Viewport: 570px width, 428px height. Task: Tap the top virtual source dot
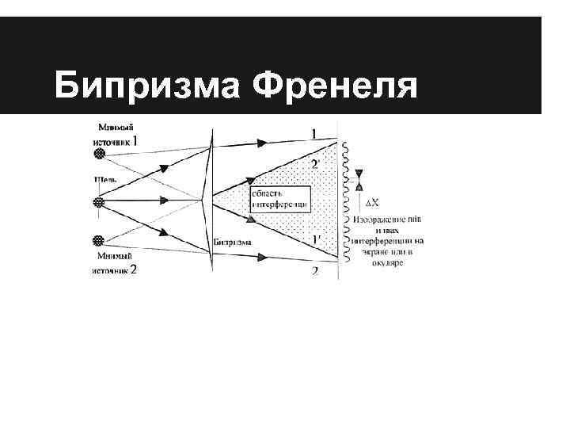tap(99, 154)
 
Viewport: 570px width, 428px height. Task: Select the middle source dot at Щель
tap(99, 203)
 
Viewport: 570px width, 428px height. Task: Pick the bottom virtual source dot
tap(99, 239)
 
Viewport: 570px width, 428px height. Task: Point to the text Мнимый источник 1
tap(116, 134)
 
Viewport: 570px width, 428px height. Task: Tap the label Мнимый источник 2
tap(116, 262)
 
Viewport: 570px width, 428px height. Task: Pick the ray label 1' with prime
tap(316, 239)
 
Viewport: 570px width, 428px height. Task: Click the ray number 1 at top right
tap(315, 134)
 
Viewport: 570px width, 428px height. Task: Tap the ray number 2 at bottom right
tap(315, 271)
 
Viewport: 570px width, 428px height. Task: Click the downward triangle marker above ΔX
tap(360, 173)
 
